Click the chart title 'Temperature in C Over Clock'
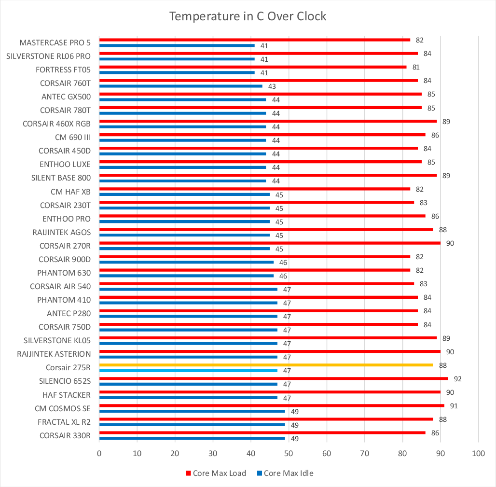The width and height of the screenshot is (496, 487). point(248,16)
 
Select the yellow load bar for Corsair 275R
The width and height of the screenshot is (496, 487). point(265,365)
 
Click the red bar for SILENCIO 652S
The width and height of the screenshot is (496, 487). point(273,378)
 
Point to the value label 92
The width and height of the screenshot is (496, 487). point(458,379)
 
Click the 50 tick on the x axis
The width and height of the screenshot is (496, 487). point(289,454)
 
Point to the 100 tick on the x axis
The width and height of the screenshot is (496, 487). point(478,454)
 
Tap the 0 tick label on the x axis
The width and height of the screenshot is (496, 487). point(99,454)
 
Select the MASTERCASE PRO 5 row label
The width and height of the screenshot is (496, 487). point(55,42)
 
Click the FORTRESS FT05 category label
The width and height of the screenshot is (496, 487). point(63,70)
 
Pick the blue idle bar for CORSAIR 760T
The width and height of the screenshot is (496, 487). point(180,86)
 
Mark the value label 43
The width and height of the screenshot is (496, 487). point(272,86)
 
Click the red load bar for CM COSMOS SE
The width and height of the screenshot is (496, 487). point(271,405)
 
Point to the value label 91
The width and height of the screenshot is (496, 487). point(454,406)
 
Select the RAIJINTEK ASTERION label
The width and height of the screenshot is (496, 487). point(54,354)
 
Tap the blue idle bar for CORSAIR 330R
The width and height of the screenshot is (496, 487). point(192,438)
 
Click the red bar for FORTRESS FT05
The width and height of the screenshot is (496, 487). point(252,67)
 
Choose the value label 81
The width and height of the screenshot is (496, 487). point(416,67)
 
